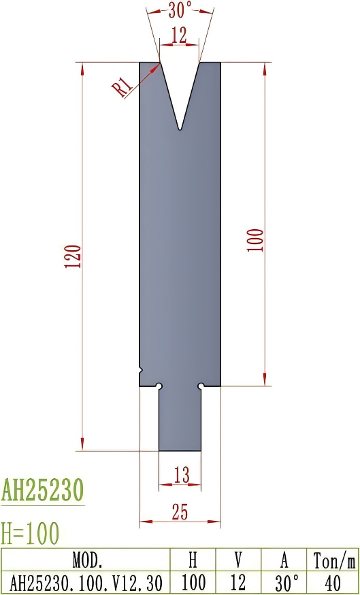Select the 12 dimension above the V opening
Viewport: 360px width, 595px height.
click(x=179, y=37)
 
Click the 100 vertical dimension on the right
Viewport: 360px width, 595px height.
click(x=255, y=241)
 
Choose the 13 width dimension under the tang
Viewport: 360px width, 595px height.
click(x=180, y=476)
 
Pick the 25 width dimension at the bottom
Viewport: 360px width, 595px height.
click(x=180, y=513)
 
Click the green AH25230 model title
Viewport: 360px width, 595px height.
click(x=42, y=490)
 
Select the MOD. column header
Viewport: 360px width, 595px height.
click(x=87, y=561)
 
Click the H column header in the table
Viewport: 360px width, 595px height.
click(x=193, y=561)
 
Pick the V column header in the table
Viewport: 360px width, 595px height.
click(x=238, y=561)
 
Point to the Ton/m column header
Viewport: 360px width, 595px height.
click(x=333, y=561)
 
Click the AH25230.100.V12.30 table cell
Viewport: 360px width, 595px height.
click(x=87, y=583)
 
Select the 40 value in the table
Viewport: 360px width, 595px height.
click(x=333, y=583)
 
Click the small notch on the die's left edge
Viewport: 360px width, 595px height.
click(x=141, y=370)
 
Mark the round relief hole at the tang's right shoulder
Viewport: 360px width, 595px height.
click(x=201, y=386)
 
